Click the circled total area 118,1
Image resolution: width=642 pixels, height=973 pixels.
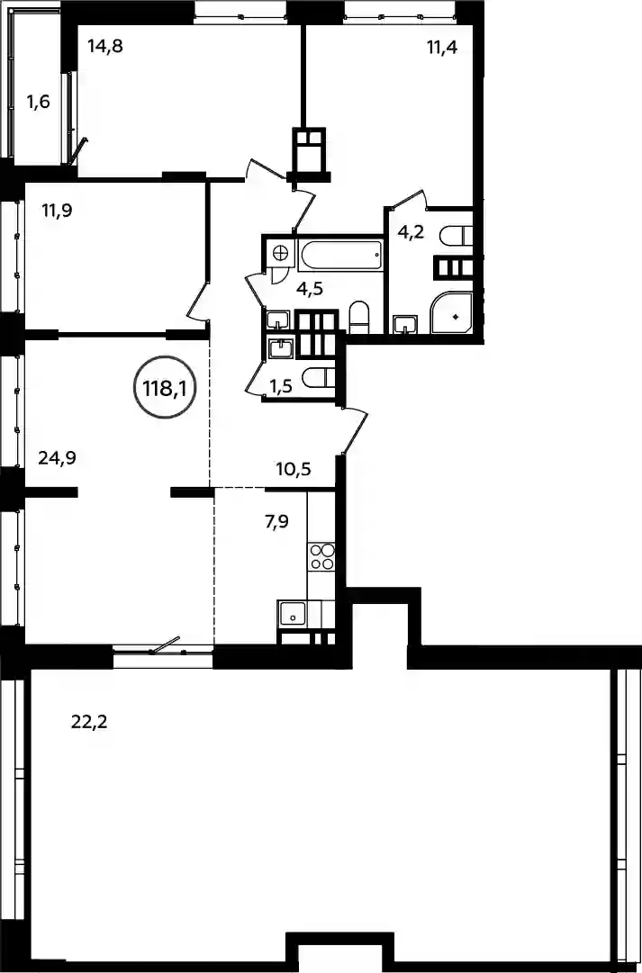pos(165,389)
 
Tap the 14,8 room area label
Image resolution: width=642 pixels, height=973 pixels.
pos(105,47)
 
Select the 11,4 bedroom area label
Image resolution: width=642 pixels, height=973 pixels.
pos(441,47)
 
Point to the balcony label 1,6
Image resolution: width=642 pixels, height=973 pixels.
pos(38,101)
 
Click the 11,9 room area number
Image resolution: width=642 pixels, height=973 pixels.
pos(57,210)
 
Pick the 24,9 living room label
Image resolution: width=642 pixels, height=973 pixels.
pos(61,458)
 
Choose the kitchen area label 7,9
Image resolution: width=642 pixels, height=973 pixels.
pos(278,521)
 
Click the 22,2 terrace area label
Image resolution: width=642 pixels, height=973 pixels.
pos(89,722)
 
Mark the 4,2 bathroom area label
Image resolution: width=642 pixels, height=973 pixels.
pos(411,233)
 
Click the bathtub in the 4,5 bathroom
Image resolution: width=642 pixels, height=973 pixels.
pos(339,255)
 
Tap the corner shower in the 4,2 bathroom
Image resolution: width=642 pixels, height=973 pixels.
pos(453,313)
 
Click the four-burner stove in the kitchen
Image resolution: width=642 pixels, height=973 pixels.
pos(321,556)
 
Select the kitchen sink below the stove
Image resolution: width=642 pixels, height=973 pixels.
pos(292,615)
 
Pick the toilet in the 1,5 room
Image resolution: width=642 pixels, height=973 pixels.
pos(318,376)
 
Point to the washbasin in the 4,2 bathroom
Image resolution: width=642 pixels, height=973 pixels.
pos(405,325)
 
